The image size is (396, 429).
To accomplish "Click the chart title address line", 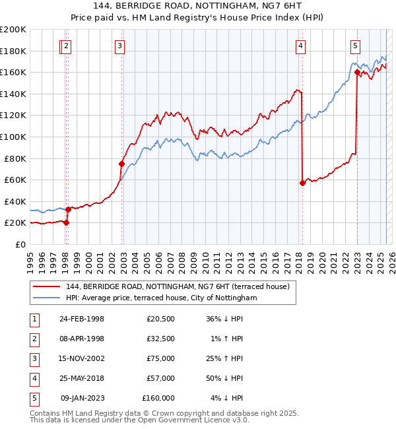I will coord(197,7).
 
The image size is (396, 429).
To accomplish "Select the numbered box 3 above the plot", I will coord(119,46).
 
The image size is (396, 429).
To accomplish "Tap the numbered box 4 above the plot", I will coord(300,46).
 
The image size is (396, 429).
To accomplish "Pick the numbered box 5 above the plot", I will coord(355,46).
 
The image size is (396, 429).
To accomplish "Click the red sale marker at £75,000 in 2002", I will coord(122,164).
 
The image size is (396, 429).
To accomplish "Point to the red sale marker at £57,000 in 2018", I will coord(302,183).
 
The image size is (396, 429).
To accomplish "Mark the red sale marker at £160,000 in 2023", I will coord(357,73).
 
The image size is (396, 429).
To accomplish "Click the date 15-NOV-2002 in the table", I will coord(82,358).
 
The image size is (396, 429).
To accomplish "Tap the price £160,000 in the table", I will coord(158,398).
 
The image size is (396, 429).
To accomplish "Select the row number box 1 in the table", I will coord(33,319).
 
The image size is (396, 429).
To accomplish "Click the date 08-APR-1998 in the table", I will coord(82,339).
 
